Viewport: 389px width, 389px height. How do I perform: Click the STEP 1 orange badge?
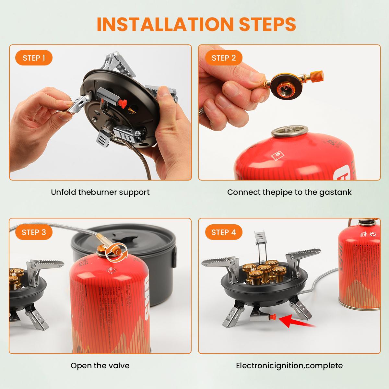[x=34, y=58]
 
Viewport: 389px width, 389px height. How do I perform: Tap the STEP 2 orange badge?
[x=224, y=58]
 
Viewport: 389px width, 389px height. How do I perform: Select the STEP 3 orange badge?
[x=34, y=232]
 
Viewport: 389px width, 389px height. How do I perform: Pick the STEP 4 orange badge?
[x=224, y=232]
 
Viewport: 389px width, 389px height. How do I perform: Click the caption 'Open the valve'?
[x=100, y=366]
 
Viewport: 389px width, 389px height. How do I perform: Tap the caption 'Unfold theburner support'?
[x=100, y=192]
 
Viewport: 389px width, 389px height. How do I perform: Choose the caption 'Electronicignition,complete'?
[x=289, y=366]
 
